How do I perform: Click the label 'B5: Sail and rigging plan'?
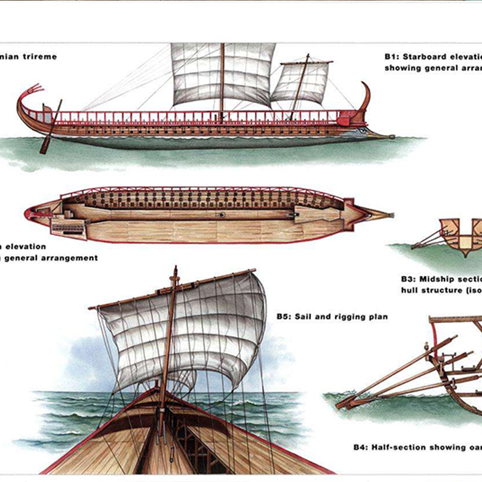332,316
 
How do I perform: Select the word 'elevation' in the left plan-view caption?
24,246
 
